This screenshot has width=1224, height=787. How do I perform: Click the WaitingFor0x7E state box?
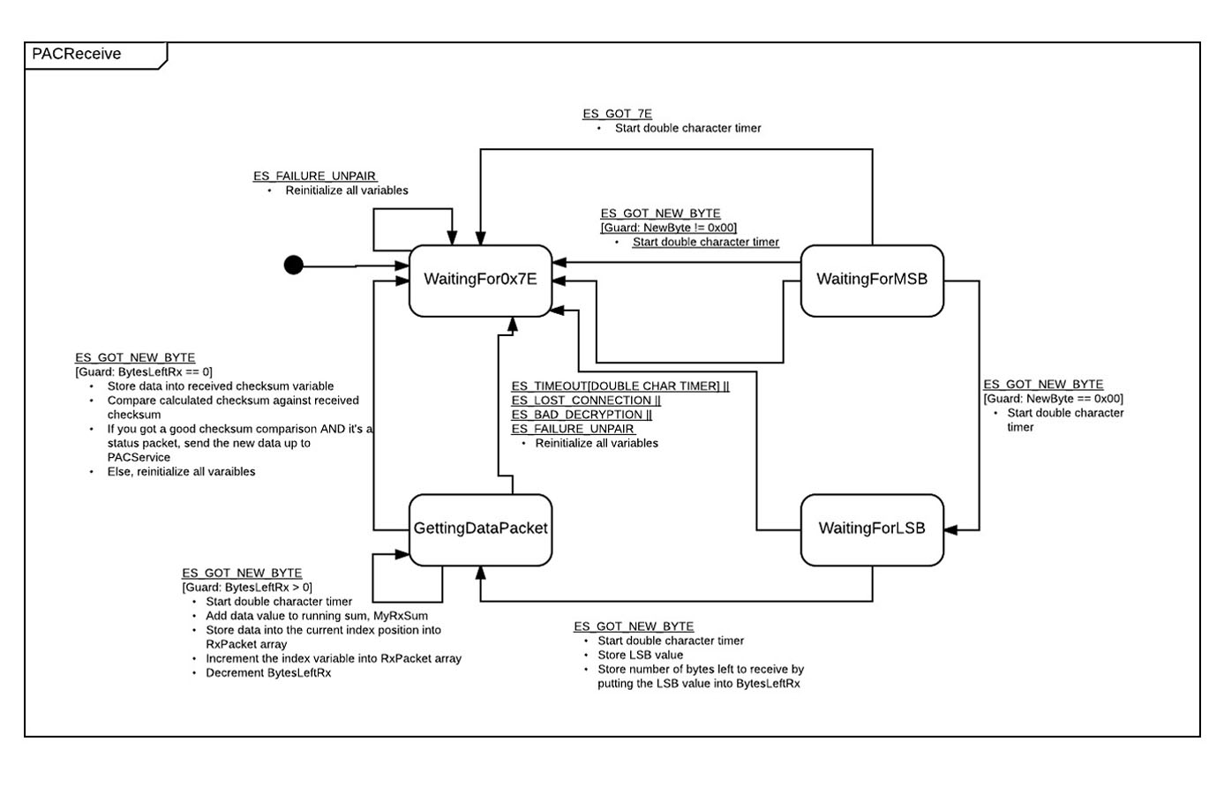click(480, 281)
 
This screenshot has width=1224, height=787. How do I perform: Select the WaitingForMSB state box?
click(872, 281)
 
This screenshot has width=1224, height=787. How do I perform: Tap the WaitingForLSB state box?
click(872, 529)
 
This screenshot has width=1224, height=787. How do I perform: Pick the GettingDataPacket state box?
click(480, 529)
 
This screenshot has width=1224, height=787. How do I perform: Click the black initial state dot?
click(294, 266)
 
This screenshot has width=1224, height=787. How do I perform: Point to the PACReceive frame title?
click(77, 54)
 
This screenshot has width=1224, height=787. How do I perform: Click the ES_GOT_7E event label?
click(618, 114)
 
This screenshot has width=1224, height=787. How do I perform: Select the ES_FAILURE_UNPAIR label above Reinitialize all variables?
click(314, 176)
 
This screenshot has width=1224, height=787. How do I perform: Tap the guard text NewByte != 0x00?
click(668, 228)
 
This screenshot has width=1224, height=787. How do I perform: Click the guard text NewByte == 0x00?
click(1054, 399)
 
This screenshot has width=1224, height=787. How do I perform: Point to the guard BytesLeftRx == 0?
click(144, 372)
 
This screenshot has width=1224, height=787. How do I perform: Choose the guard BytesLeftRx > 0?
click(247, 587)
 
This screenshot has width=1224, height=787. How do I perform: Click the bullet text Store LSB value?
click(640, 655)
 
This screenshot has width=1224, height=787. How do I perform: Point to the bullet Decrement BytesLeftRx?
click(268, 673)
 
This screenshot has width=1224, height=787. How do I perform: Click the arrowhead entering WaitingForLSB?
click(950, 529)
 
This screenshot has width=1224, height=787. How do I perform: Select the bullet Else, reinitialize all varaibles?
click(181, 471)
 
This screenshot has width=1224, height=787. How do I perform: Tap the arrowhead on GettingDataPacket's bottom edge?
click(480, 573)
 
